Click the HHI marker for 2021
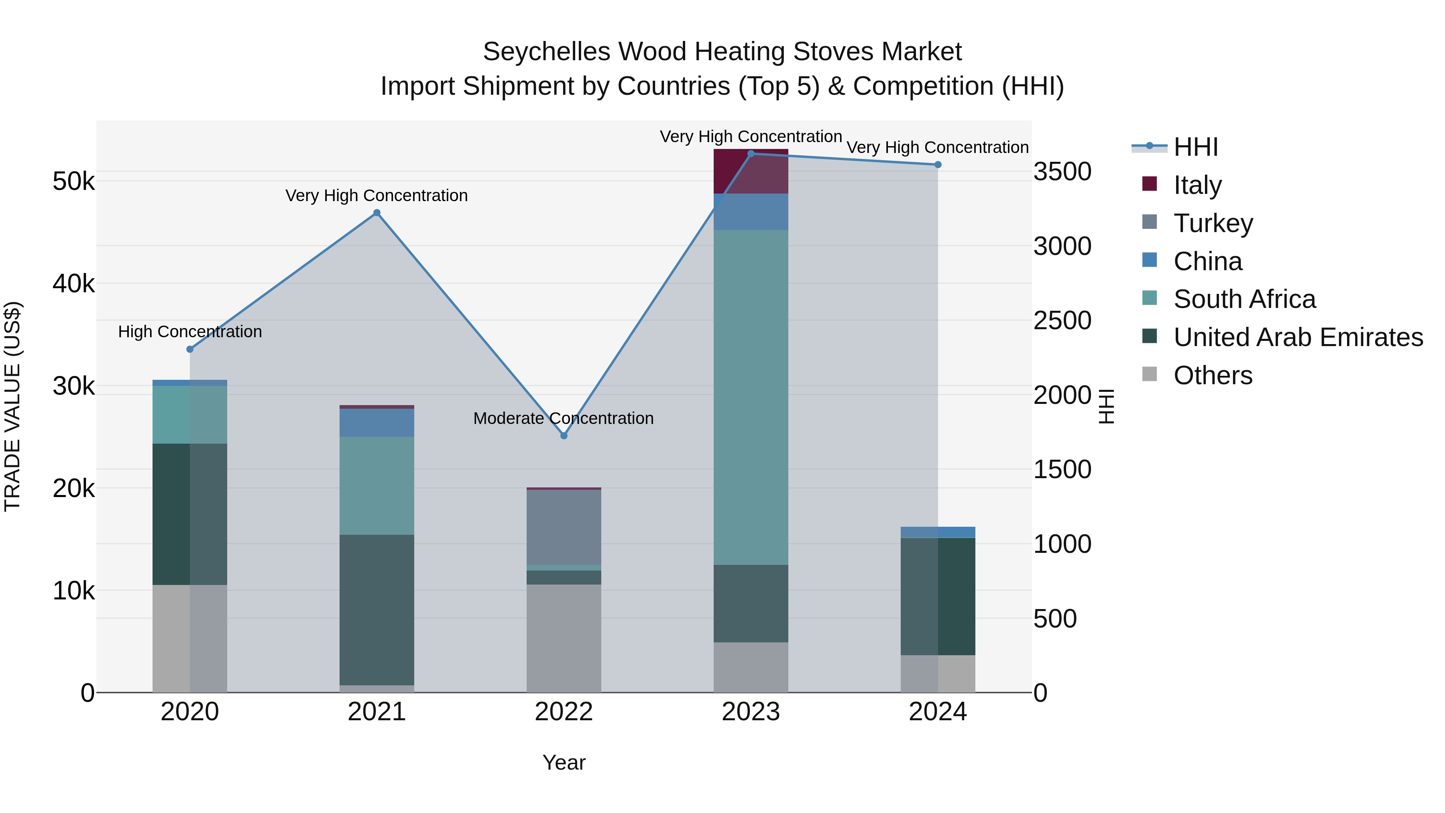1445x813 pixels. (377, 213)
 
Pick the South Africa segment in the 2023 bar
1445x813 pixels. (751, 397)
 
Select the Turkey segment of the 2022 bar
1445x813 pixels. (564, 528)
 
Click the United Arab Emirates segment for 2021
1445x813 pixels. (377, 610)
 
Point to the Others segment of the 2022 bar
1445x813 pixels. (564, 638)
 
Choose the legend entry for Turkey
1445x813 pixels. (1213, 223)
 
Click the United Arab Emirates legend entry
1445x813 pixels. (1298, 338)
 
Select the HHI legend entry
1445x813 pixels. (1195, 147)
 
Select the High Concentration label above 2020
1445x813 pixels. (189, 332)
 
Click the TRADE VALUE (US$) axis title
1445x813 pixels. (13, 406)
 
